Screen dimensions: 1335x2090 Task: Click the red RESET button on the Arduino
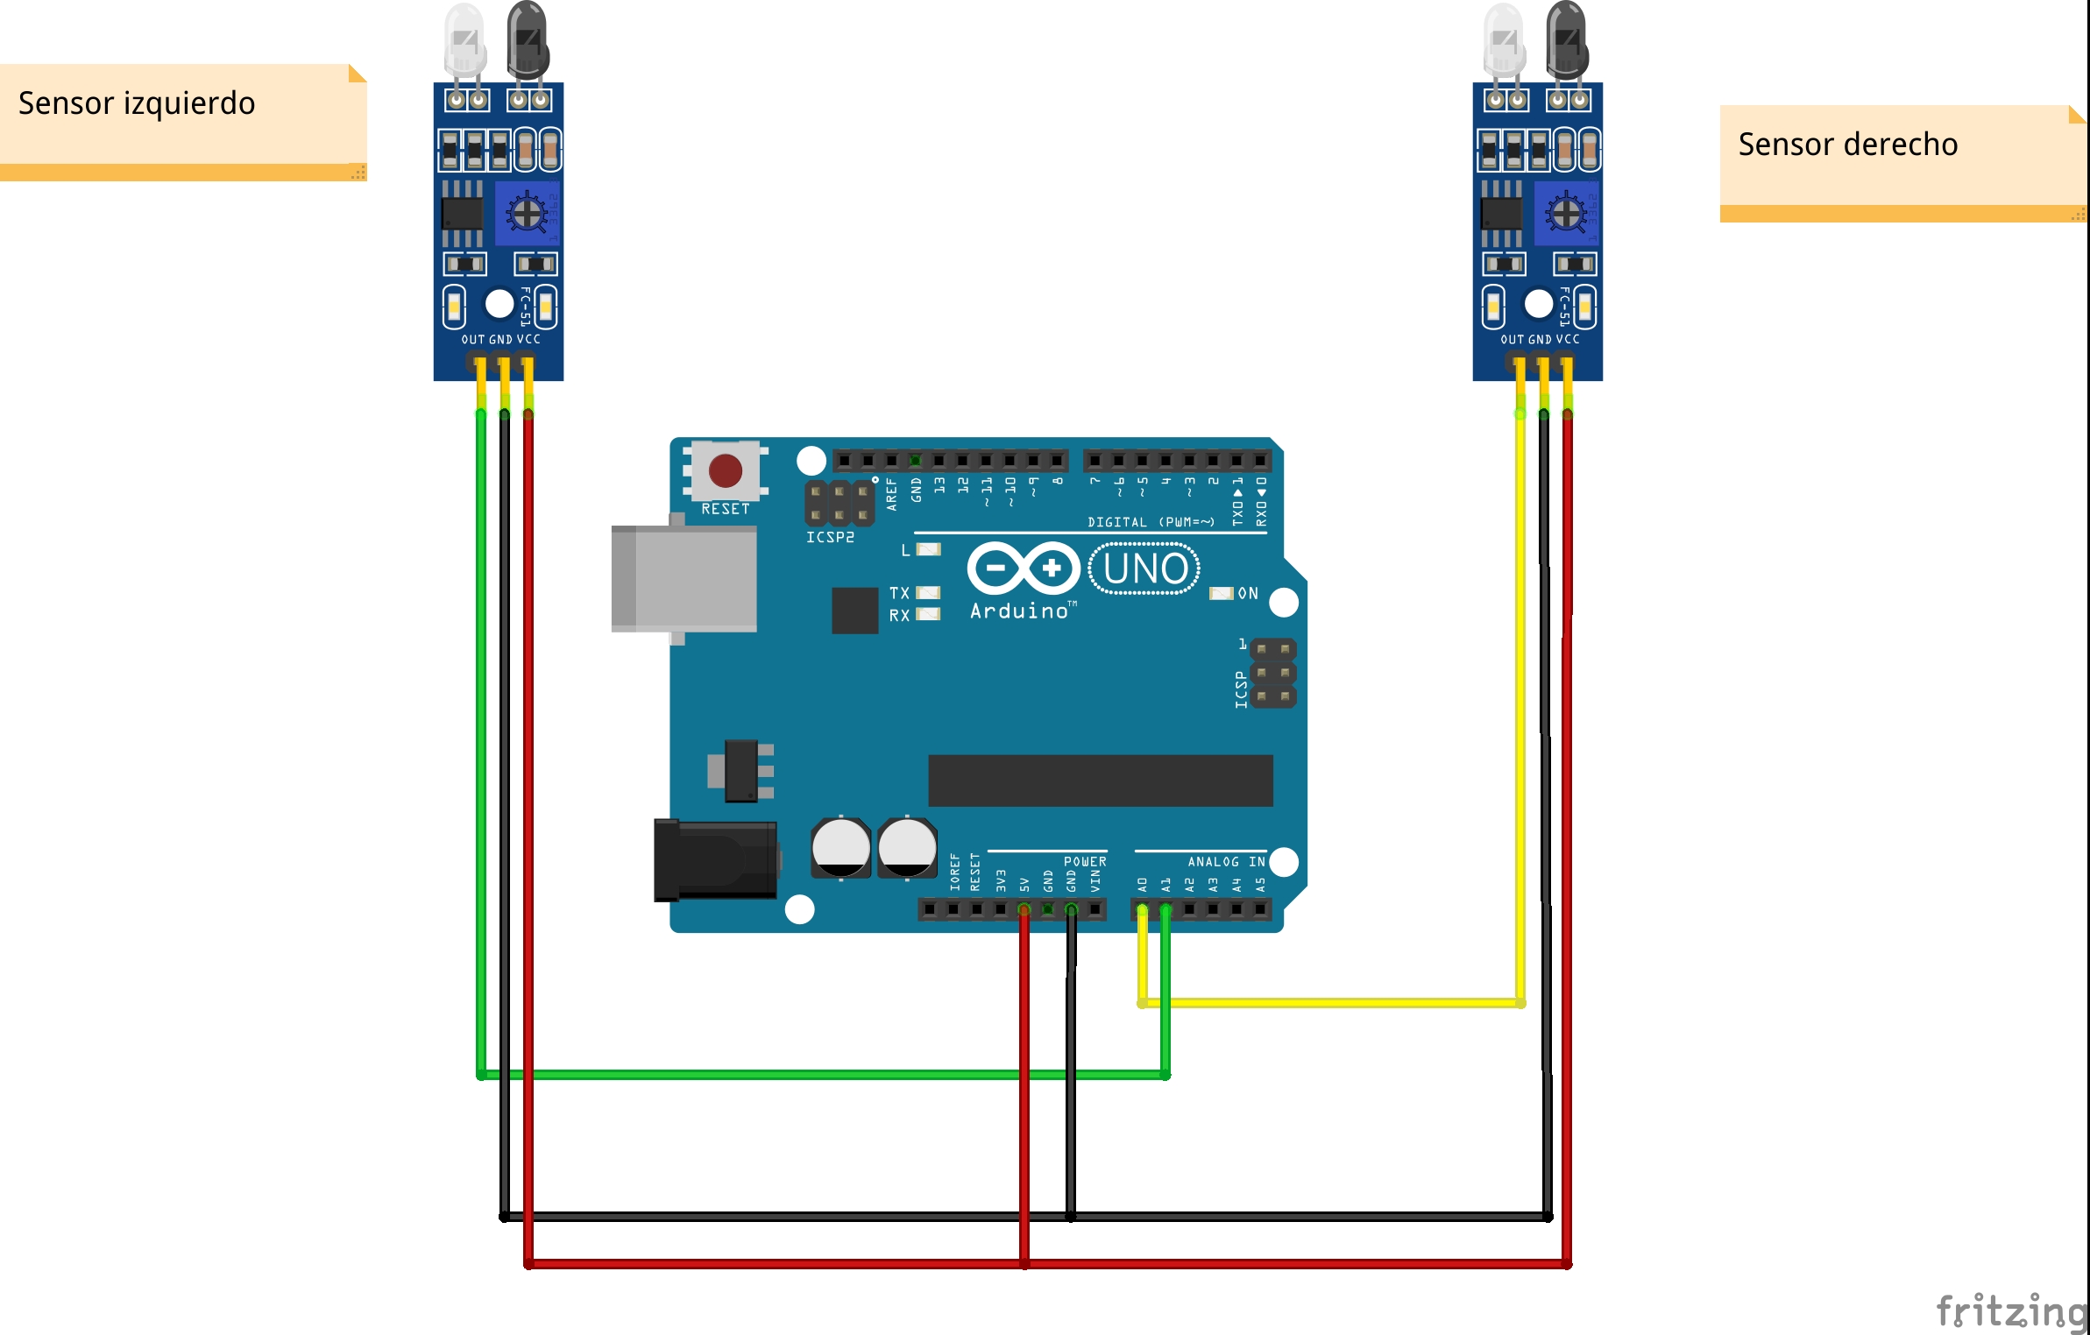click(725, 470)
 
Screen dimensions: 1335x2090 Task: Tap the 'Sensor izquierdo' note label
click(137, 103)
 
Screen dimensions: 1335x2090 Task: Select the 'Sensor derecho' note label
click(1847, 145)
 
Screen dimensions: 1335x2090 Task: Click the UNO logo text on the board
click(1144, 569)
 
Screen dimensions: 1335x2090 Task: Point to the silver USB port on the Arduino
click(684, 578)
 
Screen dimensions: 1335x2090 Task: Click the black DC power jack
click(715, 860)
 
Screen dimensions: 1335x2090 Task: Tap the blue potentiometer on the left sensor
click(527, 213)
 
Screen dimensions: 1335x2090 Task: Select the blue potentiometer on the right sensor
click(1566, 213)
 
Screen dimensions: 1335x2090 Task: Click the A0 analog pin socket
click(1142, 910)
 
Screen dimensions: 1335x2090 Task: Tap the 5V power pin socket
click(1024, 910)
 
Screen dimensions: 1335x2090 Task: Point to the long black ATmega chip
click(1100, 780)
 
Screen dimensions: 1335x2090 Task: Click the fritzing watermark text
click(2011, 1311)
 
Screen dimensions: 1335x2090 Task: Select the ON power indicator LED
click(1221, 594)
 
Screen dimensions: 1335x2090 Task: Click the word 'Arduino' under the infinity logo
click(1019, 611)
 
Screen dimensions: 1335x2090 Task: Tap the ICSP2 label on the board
click(830, 537)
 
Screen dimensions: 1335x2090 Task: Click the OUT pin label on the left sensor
click(473, 339)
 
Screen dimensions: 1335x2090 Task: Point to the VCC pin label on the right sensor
click(1568, 339)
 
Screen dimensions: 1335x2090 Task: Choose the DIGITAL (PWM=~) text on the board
click(1151, 522)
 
